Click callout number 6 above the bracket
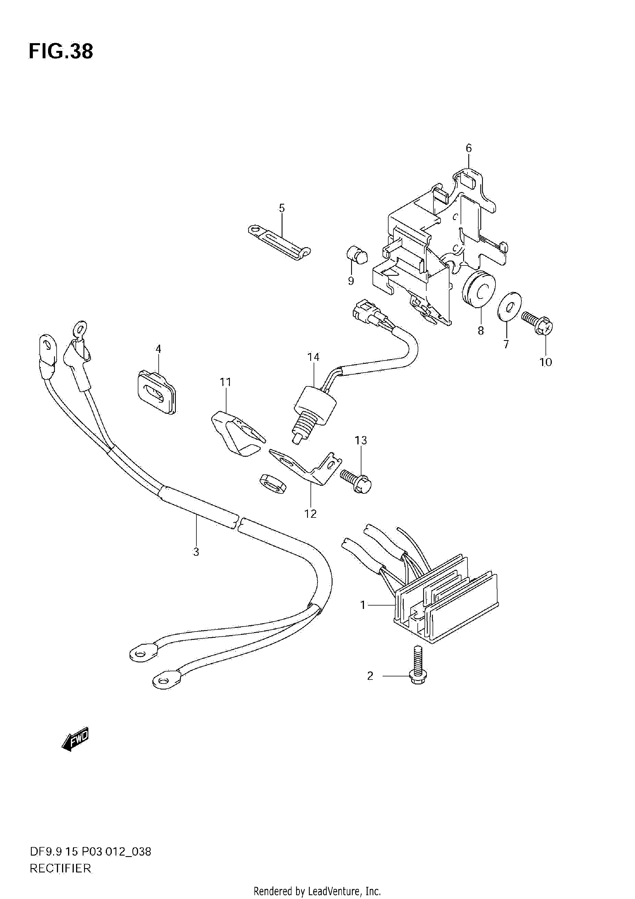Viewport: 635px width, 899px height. pos(469,148)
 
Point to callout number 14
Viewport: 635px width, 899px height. pos(313,357)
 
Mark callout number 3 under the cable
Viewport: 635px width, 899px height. pos(196,552)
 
